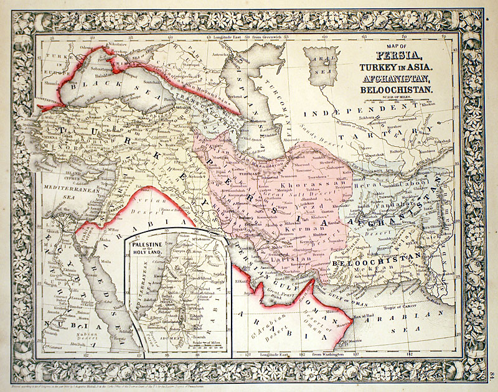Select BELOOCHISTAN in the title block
coord(398,90)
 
